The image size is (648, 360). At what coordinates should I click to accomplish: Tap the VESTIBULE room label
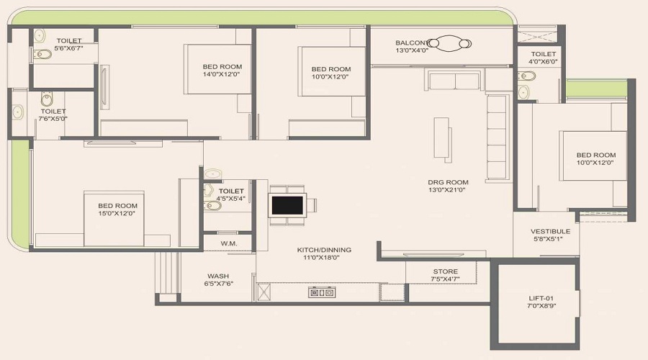[550, 231]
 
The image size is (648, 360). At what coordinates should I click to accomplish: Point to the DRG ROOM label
[448, 182]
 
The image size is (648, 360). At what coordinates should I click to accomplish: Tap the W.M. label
[229, 243]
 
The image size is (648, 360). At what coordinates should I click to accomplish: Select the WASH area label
[218, 276]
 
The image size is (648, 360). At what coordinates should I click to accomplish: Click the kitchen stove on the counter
[321, 292]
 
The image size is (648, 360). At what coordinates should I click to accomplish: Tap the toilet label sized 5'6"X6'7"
[68, 40]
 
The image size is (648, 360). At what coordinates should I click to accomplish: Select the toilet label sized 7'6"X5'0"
[53, 112]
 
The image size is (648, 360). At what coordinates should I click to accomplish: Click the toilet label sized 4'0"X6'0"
[543, 54]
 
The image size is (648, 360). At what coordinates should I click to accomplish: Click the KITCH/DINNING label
[324, 250]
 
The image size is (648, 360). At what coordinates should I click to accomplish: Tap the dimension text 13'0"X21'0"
[448, 191]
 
